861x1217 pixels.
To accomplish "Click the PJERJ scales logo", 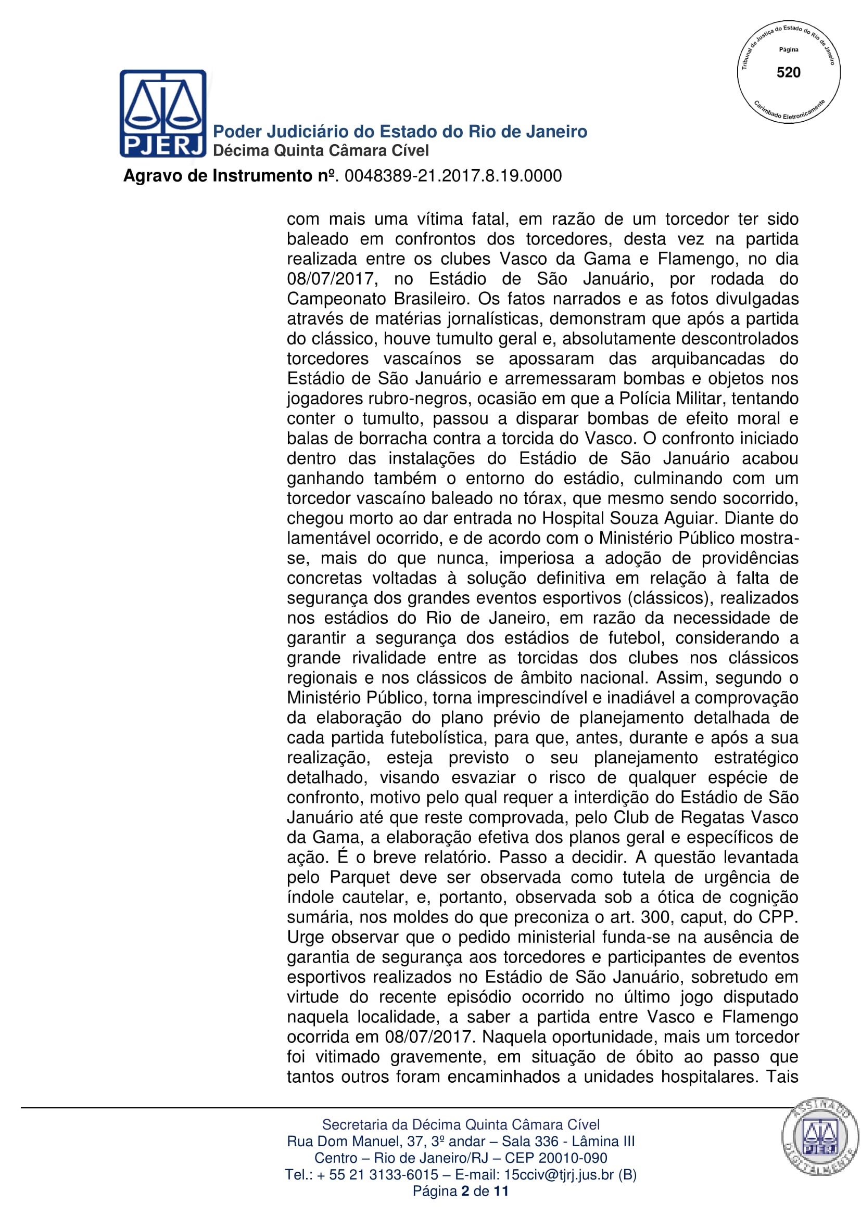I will coord(163,113).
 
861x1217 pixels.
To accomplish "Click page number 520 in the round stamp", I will coord(788,73).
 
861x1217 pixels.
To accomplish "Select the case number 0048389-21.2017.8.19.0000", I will coord(453,176).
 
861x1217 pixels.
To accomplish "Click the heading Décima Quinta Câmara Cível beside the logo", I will coord(321,151).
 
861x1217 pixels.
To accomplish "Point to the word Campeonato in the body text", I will coord(337,299).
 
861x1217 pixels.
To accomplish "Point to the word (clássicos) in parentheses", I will coord(668,598).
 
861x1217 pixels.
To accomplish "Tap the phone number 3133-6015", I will coord(403,1175).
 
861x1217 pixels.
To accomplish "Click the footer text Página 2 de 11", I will coord(460,1191).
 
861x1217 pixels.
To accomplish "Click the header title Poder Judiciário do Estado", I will coord(400,132).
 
